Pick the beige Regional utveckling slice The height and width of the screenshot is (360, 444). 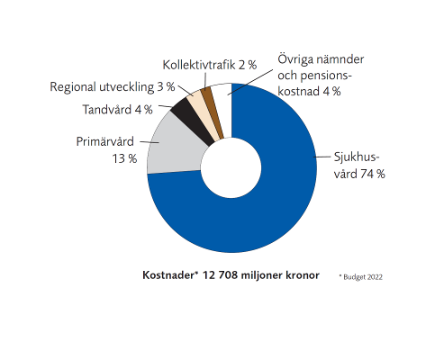point(204,114)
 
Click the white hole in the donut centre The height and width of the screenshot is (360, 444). point(231,167)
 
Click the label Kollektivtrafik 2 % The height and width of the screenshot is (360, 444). point(210,65)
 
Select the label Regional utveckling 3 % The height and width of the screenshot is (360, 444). point(113,87)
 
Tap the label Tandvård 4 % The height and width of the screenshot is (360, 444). point(117,110)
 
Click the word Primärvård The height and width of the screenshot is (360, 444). point(105,141)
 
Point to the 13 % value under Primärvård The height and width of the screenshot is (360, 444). point(124,158)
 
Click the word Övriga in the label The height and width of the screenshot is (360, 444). point(295,59)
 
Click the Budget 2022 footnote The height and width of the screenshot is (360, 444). point(361,277)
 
